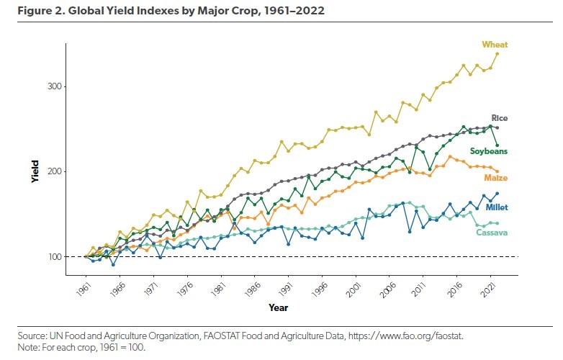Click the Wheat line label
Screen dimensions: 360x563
(x=495, y=45)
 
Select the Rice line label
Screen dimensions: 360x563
(x=499, y=117)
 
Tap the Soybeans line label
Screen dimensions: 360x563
(x=489, y=151)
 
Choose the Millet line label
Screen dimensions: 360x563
(x=497, y=207)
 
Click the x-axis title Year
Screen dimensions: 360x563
(x=278, y=307)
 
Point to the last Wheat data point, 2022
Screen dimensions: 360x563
(x=497, y=54)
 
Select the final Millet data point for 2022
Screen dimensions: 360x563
(x=497, y=194)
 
